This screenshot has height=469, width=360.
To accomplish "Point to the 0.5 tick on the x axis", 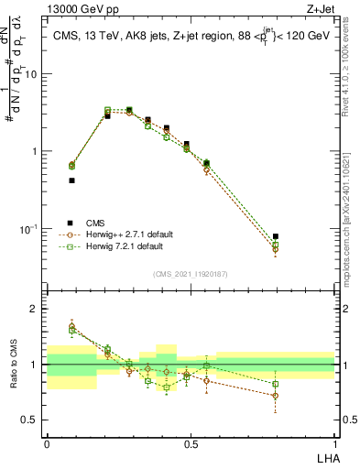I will [x=191, y=442].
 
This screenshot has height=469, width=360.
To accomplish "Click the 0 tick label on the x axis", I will [x=47, y=442].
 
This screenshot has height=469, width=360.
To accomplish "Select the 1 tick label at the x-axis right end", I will [x=334, y=442].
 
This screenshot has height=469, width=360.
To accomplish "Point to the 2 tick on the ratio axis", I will [x=36, y=309].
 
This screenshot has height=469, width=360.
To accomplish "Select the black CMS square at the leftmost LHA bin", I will [x=71, y=180].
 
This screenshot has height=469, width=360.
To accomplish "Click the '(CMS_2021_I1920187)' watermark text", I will [x=190, y=274].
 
